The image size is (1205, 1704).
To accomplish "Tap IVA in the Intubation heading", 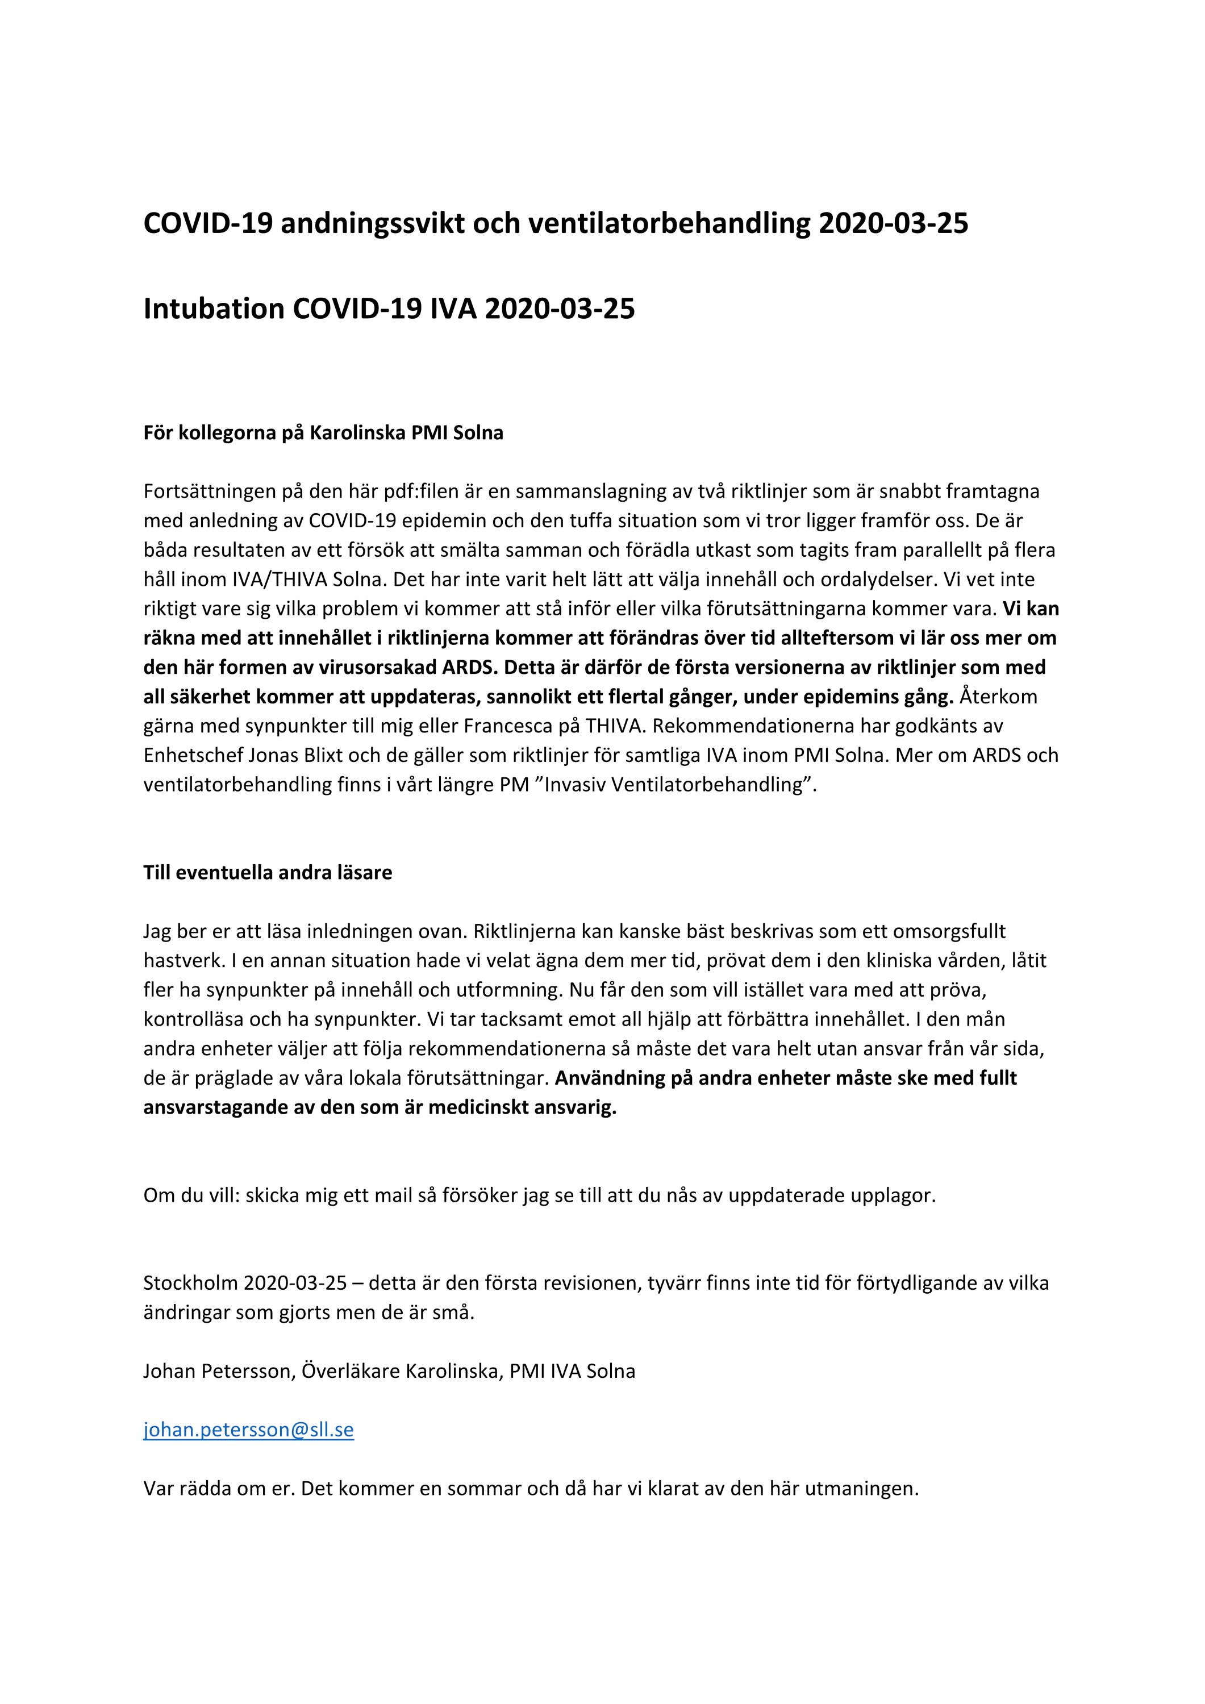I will pyautogui.click(x=453, y=309).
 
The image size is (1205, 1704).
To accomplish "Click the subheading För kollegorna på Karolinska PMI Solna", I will pyautogui.click(x=323, y=433).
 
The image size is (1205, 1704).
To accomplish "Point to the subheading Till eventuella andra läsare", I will pyautogui.click(x=267, y=873).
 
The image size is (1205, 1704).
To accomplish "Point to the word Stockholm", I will pyautogui.click(x=190, y=1283).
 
